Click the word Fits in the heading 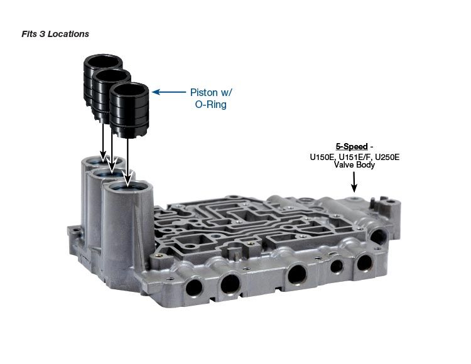coord(29,34)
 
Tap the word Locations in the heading coord(68,34)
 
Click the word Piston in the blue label coord(203,92)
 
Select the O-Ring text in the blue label coord(210,104)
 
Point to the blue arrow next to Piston coord(169,92)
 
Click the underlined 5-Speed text coord(352,146)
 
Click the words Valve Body coord(354,165)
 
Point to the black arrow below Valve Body coord(354,182)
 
